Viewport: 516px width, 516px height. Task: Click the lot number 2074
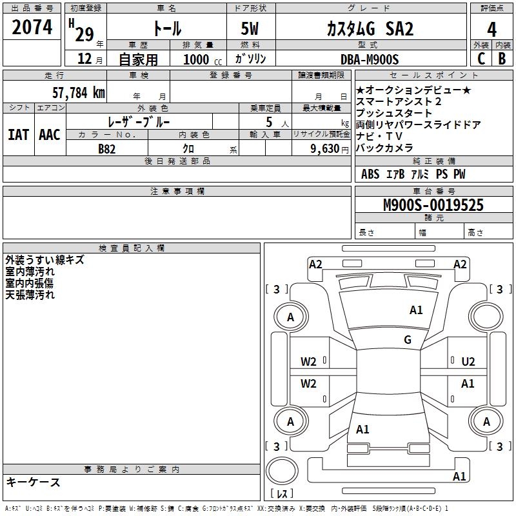[32, 28]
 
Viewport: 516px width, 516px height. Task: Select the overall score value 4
[492, 30]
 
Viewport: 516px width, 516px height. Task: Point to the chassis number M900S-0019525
[433, 206]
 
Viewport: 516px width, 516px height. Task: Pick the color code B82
[107, 149]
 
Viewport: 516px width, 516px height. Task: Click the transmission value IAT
[19, 135]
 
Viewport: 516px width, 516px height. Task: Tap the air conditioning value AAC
[50, 135]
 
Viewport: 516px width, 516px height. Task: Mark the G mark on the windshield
[408, 340]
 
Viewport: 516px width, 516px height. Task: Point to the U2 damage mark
[468, 362]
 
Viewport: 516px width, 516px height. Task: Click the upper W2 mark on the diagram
[308, 362]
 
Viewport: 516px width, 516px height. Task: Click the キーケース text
[34, 482]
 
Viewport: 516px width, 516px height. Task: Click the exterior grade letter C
[481, 59]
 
